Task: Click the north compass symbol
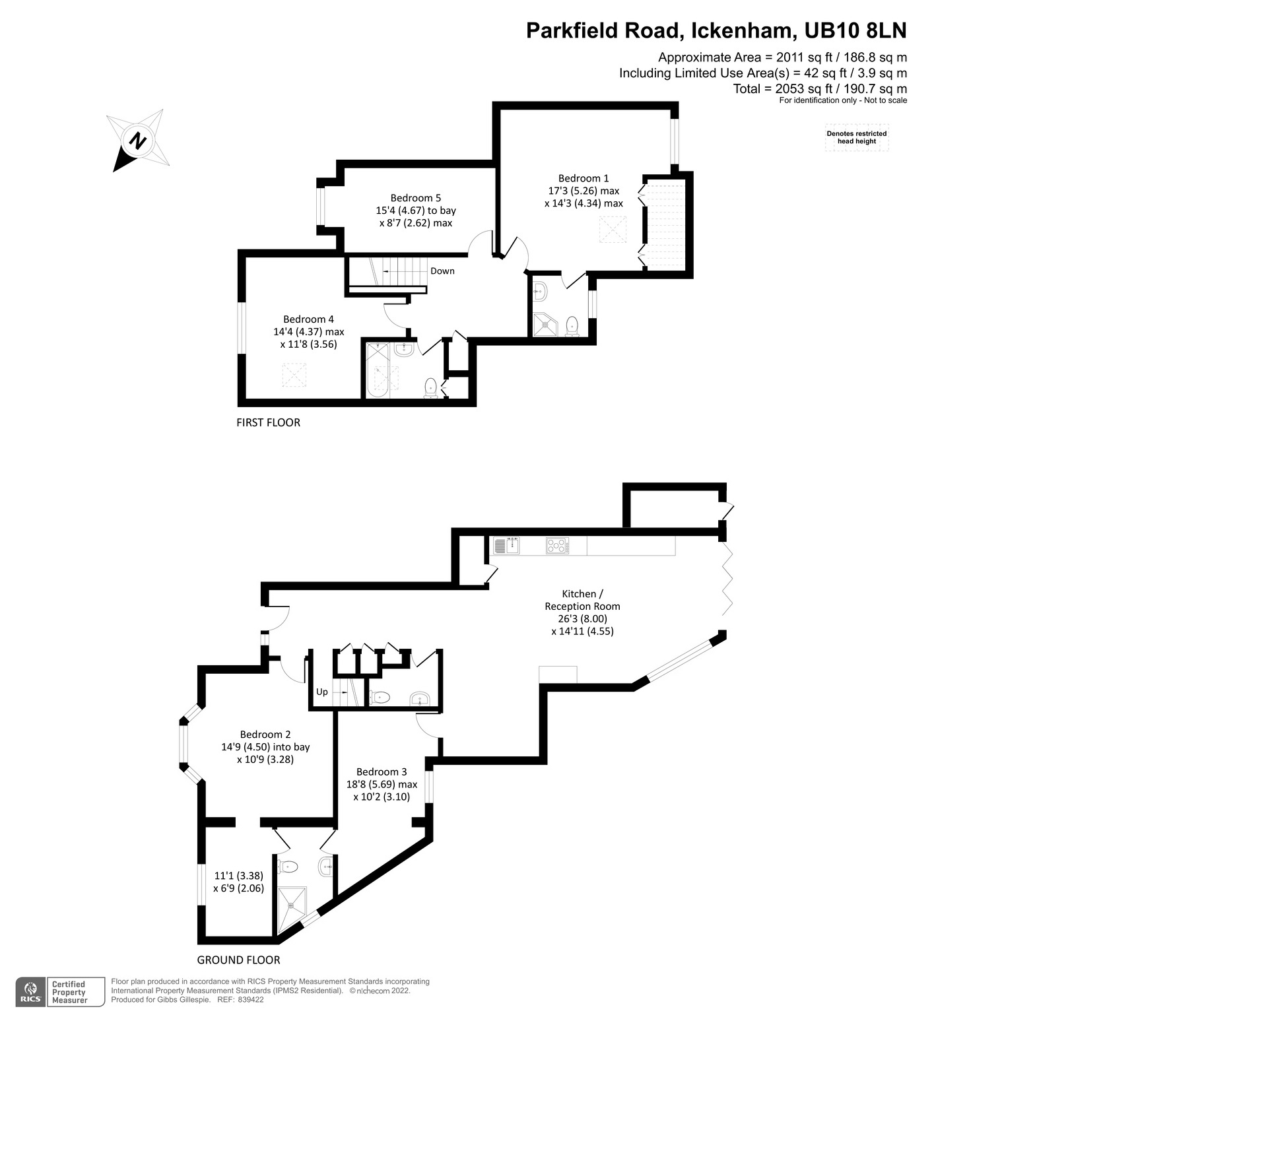[x=139, y=141]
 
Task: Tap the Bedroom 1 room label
[x=583, y=178]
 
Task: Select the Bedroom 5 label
[x=415, y=198]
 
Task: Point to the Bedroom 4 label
[x=308, y=319]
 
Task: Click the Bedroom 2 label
[x=265, y=735]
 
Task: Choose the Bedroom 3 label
[x=382, y=772]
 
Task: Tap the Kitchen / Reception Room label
[x=582, y=600]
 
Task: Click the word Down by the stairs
[x=442, y=271]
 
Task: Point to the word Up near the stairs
[x=322, y=692]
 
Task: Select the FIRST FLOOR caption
[x=268, y=422]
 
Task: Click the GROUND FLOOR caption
[x=238, y=960]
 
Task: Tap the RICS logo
[x=30, y=992]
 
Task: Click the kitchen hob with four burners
[x=556, y=546]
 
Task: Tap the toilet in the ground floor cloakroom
[x=380, y=697]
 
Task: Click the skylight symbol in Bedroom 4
[x=294, y=376]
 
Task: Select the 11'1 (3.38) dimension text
[x=238, y=876]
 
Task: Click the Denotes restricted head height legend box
[x=856, y=137]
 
